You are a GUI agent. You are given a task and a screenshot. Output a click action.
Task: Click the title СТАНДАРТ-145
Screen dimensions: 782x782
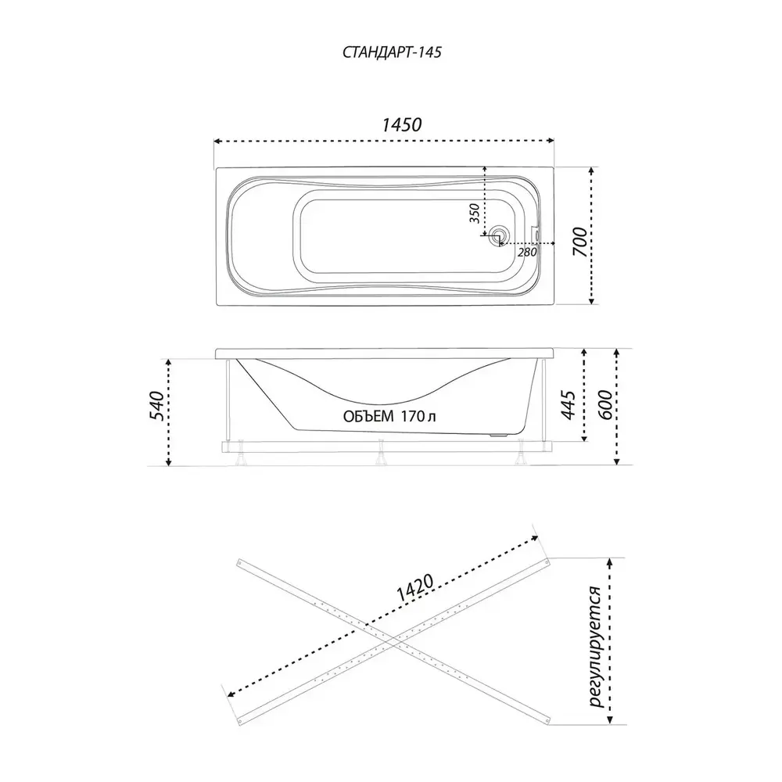coord(392,52)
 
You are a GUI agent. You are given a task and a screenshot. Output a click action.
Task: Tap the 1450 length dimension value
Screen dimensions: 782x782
coord(402,124)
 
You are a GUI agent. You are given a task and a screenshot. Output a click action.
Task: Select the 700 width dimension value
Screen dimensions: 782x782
coord(580,242)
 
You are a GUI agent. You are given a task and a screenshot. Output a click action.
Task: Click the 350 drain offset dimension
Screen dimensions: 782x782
coord(475,213)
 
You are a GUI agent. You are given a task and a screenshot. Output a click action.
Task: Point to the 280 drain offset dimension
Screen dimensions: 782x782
coord(527,252)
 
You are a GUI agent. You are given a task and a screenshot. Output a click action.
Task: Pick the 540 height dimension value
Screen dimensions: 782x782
coord(156,406)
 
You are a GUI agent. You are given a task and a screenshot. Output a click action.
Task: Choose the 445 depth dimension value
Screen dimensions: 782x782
coord(568,405)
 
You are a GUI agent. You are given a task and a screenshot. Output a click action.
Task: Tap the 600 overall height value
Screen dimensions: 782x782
coord(604,405)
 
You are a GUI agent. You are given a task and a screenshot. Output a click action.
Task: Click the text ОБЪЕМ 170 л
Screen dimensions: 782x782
coord(389,416)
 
